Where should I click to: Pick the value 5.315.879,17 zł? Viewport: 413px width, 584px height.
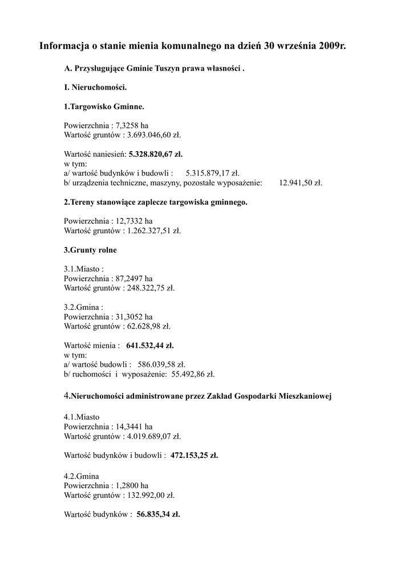coord(213,173)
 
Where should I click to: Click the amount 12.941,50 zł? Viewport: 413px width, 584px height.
coord(301,183)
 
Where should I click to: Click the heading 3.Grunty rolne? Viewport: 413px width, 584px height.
coord(90,250)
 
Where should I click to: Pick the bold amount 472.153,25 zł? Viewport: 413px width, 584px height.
coord(195,456)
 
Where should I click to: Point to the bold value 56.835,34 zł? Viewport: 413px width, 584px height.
coord(158,514)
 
